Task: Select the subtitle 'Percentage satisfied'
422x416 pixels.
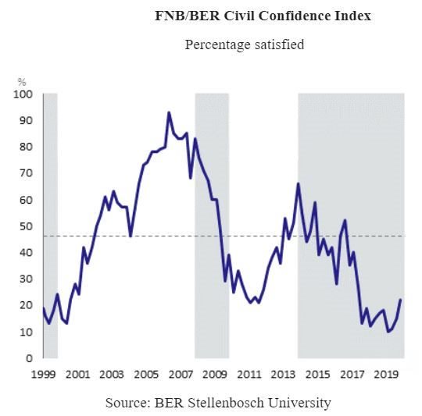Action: tap(244, 44)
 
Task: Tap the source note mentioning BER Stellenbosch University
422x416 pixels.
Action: tap(218, 403)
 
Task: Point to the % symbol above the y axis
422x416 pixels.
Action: tap(22, 81)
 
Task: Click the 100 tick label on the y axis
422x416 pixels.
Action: tap(23, 94)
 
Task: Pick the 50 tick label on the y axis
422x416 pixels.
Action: tap(25, 226)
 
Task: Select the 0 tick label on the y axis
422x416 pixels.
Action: tap(28, 358)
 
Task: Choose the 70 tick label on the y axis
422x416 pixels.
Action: tap(25, 173)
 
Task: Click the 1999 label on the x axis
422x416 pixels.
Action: tap(43, 374)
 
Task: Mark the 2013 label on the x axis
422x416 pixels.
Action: tap(281, 374)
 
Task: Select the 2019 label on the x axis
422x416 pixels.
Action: tap(384, 374)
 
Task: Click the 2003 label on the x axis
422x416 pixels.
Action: tap(111, 374)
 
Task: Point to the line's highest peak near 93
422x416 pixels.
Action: tap(169, 112)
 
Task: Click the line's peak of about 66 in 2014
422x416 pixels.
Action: tap(298, 184)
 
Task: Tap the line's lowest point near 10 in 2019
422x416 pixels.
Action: tap(388, 332)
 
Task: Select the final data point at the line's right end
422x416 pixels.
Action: tap(401, 300)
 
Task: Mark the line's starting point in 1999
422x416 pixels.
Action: tap(43, 308)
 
